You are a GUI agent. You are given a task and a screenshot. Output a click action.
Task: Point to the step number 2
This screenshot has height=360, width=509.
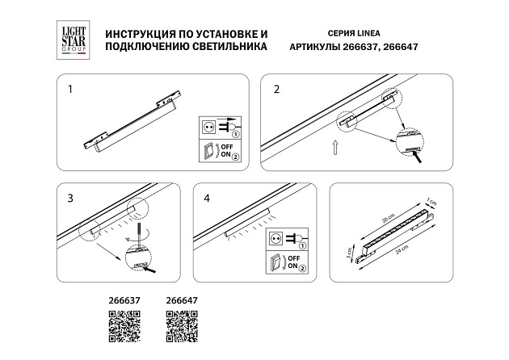276,88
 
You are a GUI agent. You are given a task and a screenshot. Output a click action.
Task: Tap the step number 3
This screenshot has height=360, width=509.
70,199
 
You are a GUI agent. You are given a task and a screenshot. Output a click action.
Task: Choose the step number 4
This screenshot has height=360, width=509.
207,199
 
